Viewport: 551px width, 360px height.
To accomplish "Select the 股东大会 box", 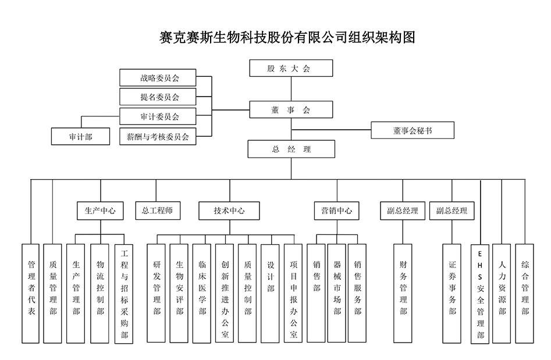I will pos(291,68).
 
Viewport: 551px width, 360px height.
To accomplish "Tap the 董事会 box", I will pos(291,110).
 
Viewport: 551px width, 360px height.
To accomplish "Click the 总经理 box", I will pos(291,149).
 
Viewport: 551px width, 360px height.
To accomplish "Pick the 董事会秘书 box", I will pos(412,131).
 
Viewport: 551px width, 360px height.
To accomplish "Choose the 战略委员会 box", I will pos(158,77).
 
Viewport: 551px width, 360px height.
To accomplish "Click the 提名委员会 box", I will pos(158,97).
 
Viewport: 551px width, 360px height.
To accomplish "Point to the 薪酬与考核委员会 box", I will pos(158,137).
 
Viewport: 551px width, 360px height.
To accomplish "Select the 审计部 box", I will pos(80,137).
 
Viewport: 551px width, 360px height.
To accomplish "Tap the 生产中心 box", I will pos(100,211).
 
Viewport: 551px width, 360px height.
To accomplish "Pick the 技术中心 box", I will pos(229,211).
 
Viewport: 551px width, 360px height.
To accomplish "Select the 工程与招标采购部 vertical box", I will pos(123,293).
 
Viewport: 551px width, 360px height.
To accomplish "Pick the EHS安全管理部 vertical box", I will pos(480,294).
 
